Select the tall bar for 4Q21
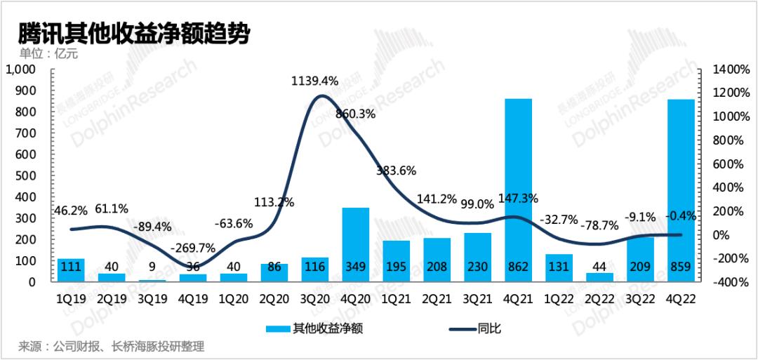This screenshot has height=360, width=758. click(518, 190)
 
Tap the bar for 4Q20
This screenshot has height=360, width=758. click(356, 244)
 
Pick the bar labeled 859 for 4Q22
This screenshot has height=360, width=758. click(681, 190)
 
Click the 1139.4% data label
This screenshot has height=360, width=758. click(314, 81)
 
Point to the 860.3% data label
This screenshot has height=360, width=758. click(356, 116)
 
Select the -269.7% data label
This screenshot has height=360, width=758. click(194, 248)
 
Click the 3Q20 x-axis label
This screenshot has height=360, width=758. click(314, 299)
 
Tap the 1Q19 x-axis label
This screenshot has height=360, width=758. click(71, 299)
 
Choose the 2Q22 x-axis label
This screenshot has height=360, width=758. click(599, 299)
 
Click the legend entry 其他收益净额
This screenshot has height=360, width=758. click(314, 330)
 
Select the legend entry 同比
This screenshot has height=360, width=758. click(475, 330)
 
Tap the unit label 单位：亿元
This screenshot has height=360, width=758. click(48, 53)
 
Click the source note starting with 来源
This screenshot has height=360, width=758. click(112, 347)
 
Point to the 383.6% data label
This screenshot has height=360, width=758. click(396, 171)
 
